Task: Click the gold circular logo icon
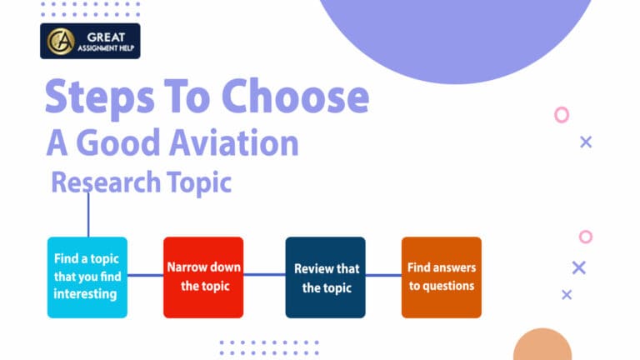[60, 41]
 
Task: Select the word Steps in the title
[91, 98]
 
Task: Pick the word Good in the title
[121, 143]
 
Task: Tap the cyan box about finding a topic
[87, 277]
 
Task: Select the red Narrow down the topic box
[204, 277]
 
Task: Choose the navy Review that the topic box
[326, 277]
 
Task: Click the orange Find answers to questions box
[441, 277]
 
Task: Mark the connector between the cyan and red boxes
[145, 276]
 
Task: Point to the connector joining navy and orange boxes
[383, 275]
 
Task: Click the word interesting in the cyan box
[85, 294]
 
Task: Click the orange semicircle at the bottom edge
[542, 346]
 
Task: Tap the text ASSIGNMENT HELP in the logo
[105, 47]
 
